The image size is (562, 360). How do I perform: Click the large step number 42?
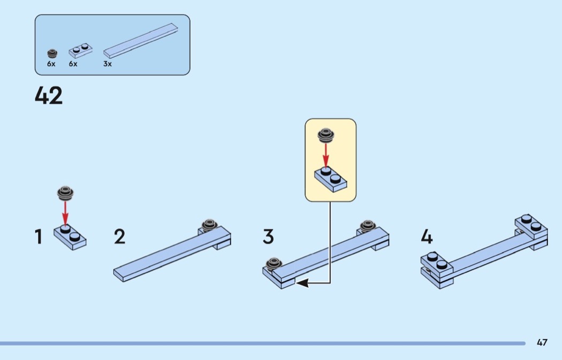[49, 95]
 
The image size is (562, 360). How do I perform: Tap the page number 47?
[542, 342]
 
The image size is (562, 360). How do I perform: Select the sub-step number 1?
[39, 237]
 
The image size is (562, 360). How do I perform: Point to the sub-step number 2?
[120, 237]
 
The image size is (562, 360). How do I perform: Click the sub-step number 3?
[268, 237]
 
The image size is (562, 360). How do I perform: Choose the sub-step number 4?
[427, 237]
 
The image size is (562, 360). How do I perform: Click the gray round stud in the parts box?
[52, 53]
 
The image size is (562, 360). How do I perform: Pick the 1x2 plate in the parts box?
[81, 50]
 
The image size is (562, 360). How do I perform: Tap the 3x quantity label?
[108, 64]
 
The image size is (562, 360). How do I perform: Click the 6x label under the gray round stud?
[51, 64]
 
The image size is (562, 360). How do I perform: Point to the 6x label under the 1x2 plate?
[73, 64]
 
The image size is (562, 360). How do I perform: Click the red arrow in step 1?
[65, 212]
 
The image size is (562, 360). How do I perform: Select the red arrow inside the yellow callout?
[326, 155]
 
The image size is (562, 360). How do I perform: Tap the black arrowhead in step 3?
[302, 284]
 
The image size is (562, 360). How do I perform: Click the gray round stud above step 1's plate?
[65, 193]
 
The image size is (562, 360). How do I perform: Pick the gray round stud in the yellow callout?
[326, 135]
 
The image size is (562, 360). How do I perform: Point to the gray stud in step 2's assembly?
[209, 225]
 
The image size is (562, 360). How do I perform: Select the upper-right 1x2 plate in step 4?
[531, 227]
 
